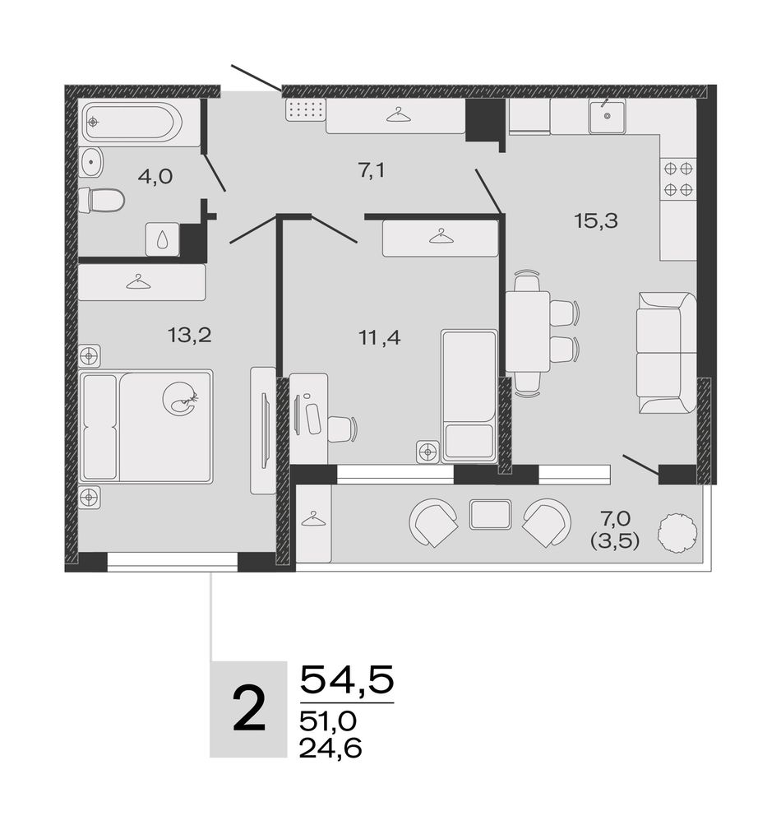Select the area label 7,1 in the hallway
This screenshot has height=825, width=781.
pyautogui.click(x=372, y=170)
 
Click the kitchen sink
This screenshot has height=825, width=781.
pyautogui.click(x=607, y=115)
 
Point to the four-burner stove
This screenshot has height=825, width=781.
pyautogui.click(x=678, y=178)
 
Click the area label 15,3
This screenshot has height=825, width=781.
pyautogui.click(x=596, y=221)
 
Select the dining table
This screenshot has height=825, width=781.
pyautogui.click(x=528, y=331)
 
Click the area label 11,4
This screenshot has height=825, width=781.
pyautogui.click(x=380, y=337)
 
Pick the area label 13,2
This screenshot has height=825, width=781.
pyautogui.click(x=189, y=334)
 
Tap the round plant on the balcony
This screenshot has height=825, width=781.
pyautogui.click(x=678, y=532)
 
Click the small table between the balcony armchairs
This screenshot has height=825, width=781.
pyautogui.click(x=490, y=514)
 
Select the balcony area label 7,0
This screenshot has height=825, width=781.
pyautogui.click(x=616, y=519)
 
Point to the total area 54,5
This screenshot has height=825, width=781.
pyautogui.click(x=347, y=679)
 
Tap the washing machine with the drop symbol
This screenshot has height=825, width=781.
pyautogui.click(x=163, y=239)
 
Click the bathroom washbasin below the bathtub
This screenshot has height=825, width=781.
pyautogui.click(x=91, y=163)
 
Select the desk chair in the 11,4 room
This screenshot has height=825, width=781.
pyautogui.click(x=343, y=429)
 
